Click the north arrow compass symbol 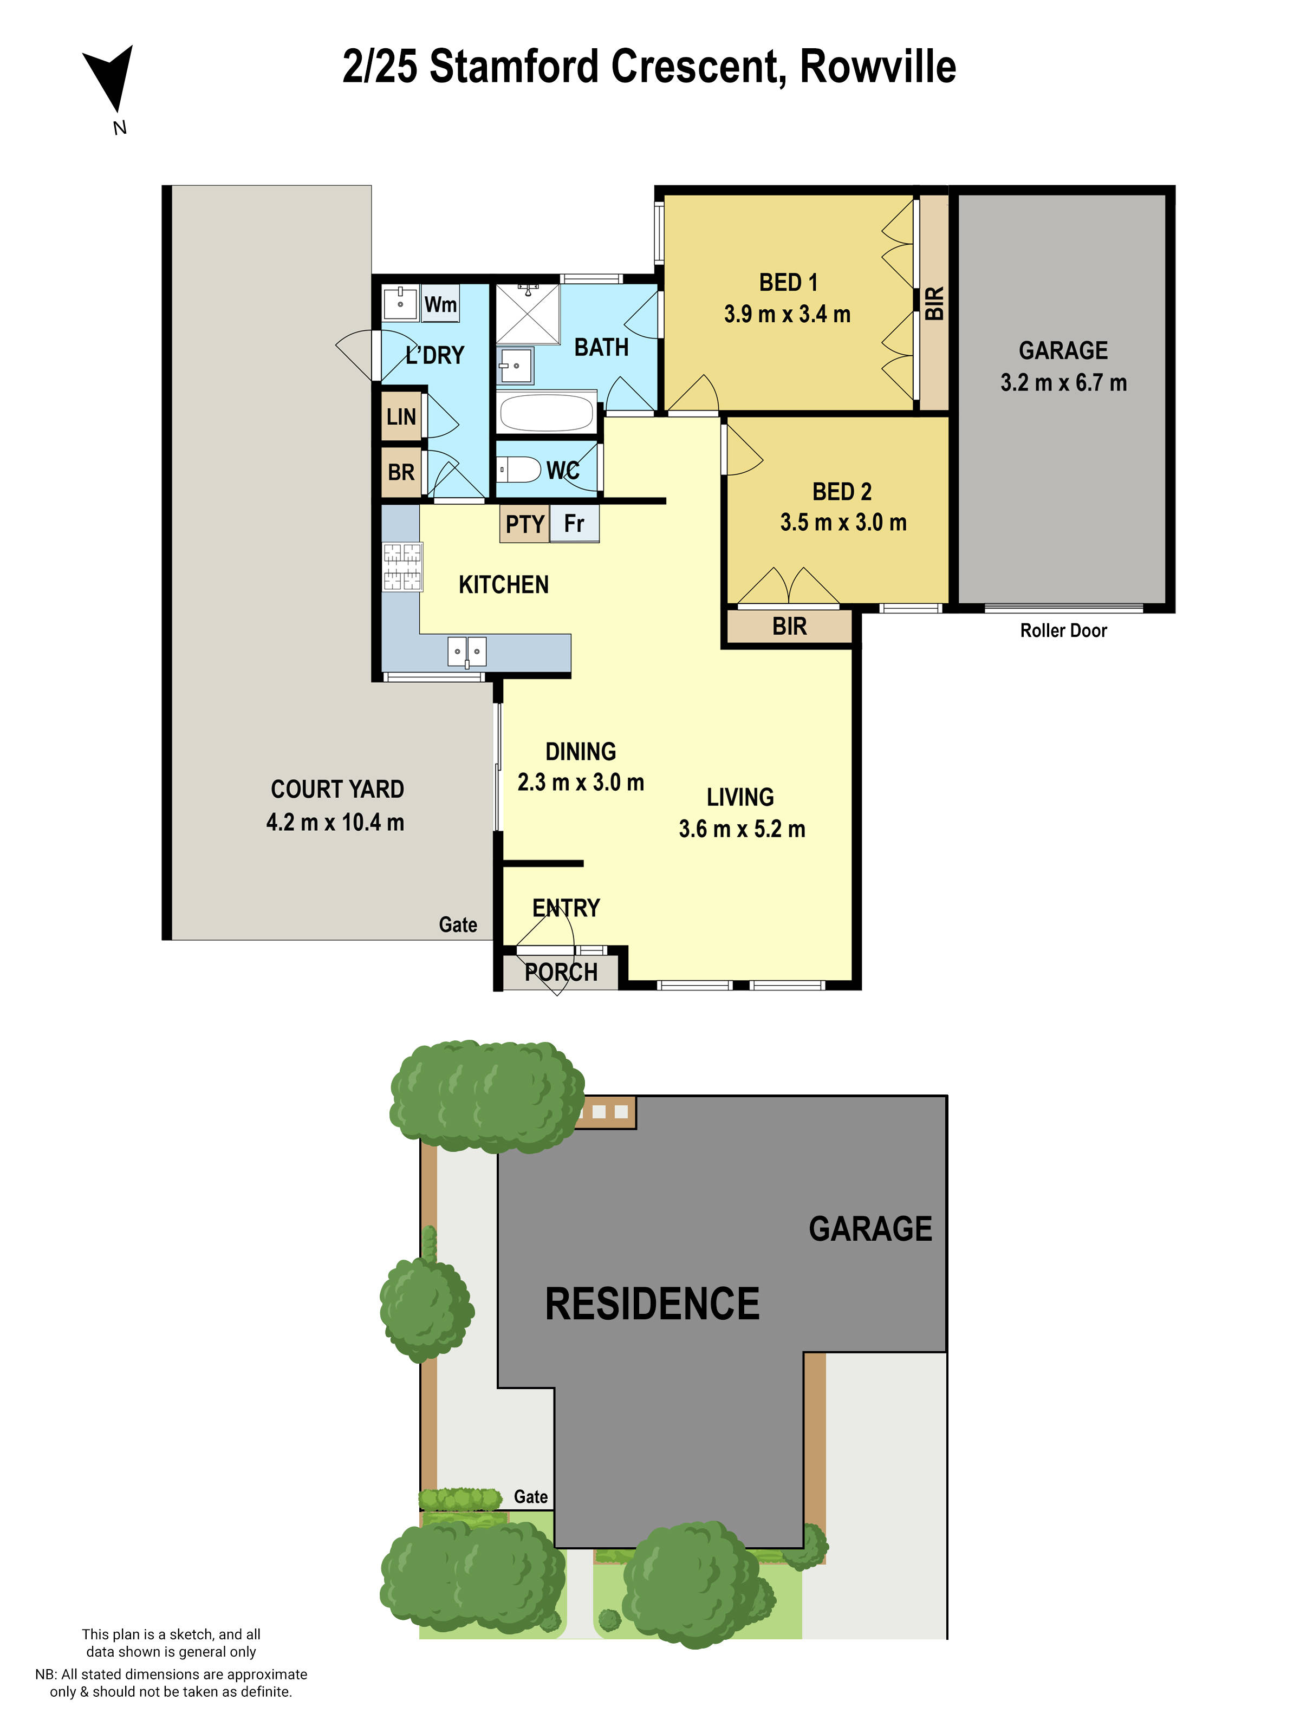pos(111,79)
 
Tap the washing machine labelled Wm pos(440,304)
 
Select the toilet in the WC pos(519,470)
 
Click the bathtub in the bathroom pos(546,412)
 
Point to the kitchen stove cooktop pos(402,566)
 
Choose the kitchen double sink pos(467,651)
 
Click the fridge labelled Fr pos(574,523)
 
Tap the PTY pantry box pos(524,523)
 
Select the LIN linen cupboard pos(401,416)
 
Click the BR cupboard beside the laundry pos(401,472)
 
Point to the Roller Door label pos(1063,631)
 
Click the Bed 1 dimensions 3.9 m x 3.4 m pos(786,314)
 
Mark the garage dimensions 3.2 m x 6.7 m pos(1063,383)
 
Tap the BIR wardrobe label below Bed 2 pos(789,627)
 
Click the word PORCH pos(561,972)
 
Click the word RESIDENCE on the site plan pos(652,1304)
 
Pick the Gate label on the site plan pos(530,1496)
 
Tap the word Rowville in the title pos(877,67)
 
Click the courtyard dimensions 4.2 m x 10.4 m pos(335,822)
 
